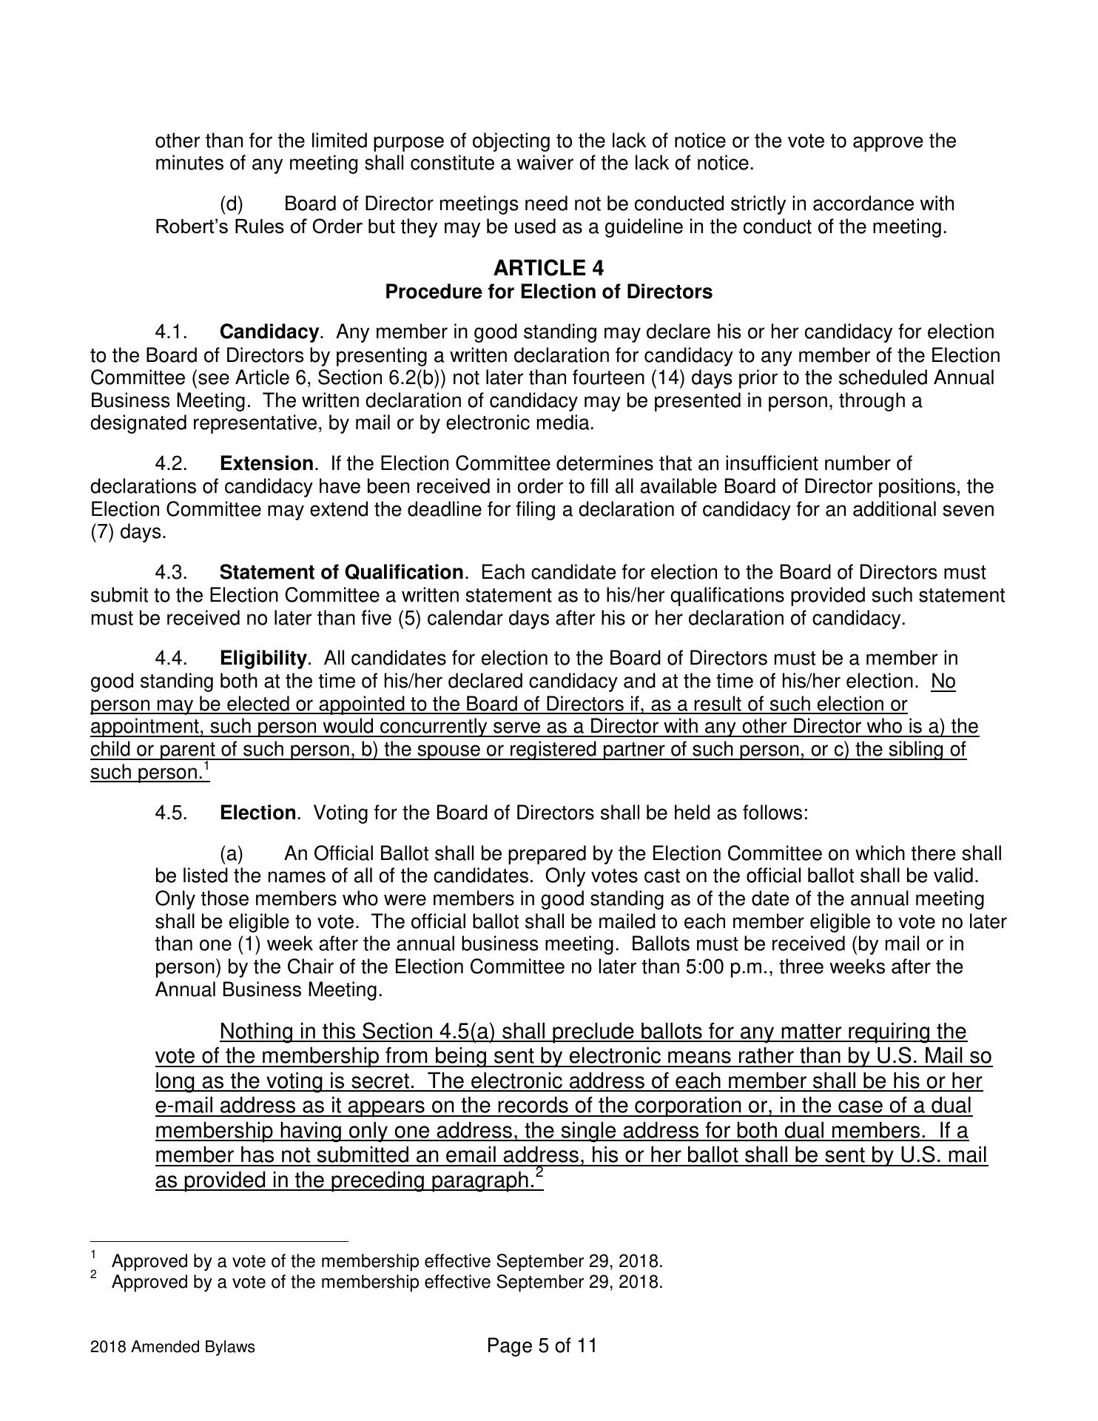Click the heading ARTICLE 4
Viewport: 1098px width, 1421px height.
pos(548,267)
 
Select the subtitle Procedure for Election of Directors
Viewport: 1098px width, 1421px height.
pos(548,292)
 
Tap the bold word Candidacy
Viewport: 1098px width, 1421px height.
pos(269,332)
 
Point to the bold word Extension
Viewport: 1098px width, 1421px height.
pos(266,464)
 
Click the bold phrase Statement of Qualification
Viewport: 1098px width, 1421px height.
pos(342,573)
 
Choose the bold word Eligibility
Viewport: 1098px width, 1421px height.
pos(263,659)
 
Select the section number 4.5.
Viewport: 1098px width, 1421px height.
pos(171,813)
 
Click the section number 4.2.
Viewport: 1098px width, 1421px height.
pos(171,464)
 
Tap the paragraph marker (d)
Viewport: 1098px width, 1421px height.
pos(232,204)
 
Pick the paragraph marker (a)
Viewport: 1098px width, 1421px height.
pos(232,854)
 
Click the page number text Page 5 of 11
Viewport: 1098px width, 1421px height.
pos(542,1346)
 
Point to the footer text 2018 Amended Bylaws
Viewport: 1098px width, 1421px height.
pos(172,1347)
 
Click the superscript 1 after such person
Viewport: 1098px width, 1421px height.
pos(207,766)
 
